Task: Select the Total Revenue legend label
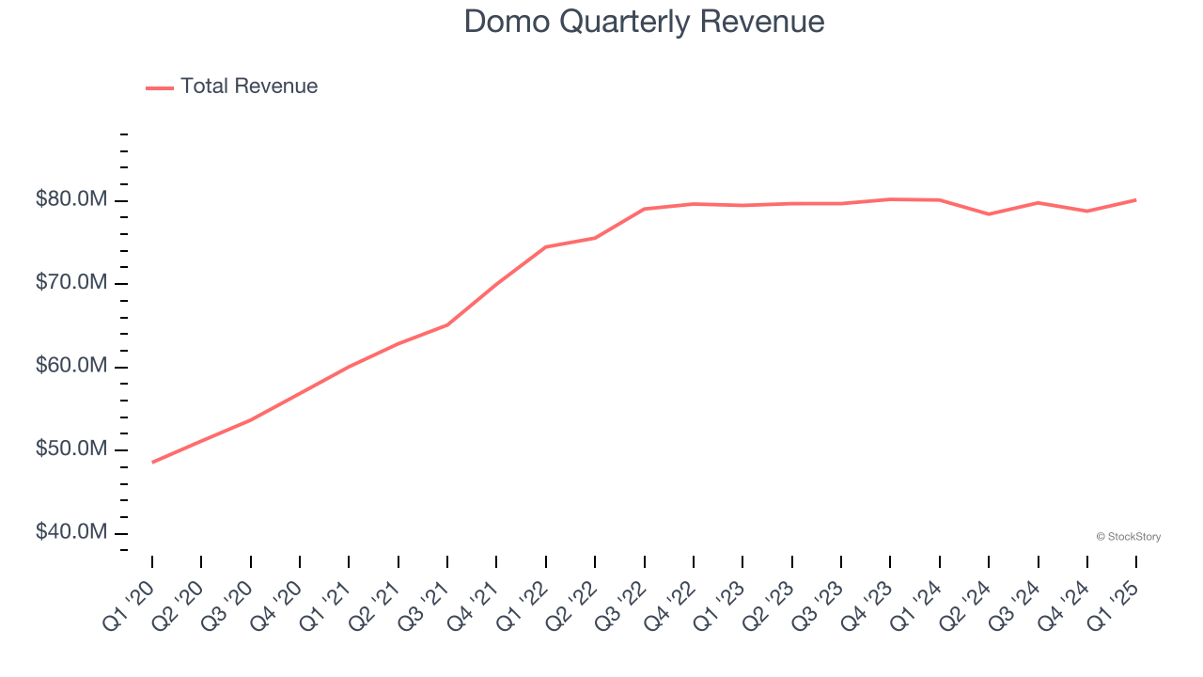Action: tap(249, 87)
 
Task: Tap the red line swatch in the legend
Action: tap(160, 87)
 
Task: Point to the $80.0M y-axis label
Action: tap(71, 199)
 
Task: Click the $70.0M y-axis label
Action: tap(71, 283)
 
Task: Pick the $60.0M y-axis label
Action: tap(71, 366)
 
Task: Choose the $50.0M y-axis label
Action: tap(71, 449)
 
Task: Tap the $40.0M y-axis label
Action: tap(71, 532)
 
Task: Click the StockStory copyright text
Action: tap(1128, 537)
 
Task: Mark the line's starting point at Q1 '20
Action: tap(152, 462)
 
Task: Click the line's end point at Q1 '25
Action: tap(1135, 199)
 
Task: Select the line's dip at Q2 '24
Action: tap(989, 214)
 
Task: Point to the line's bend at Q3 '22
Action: tap(645, 209)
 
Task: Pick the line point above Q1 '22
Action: tap(546, 247)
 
